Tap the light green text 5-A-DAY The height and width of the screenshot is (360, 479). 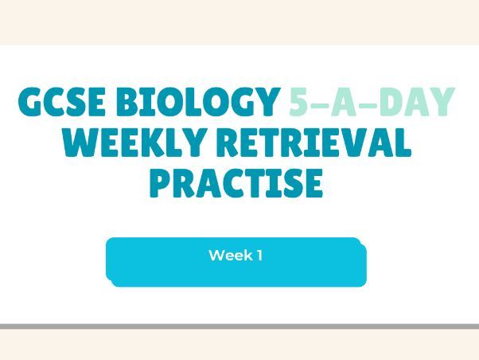(x=370, y=103)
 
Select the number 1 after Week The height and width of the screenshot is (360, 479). (x=259, y=256)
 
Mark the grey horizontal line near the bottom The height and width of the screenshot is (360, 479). (x=239, y=327)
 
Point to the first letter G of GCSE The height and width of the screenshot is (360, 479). (x=30, y=103)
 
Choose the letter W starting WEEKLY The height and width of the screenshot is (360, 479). (x=80, y=143)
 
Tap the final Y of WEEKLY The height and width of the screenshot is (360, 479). (x=207, y=143)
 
